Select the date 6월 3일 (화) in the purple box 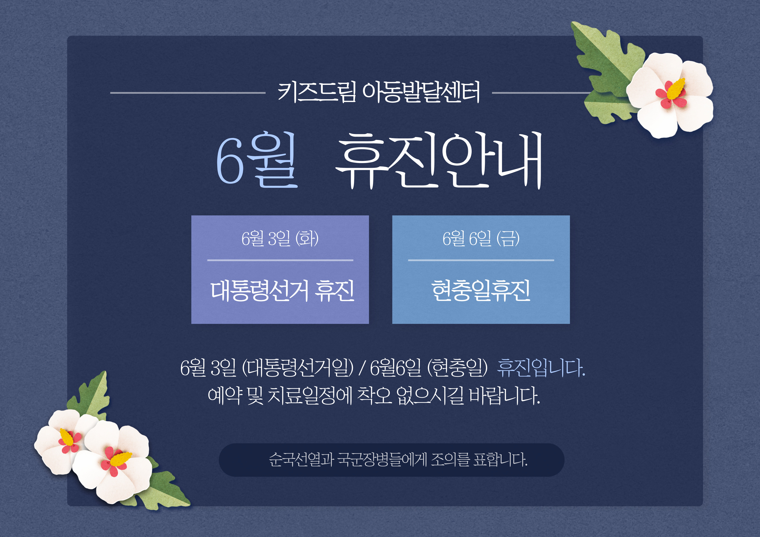pos(280,238)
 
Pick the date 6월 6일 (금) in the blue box pos(481,238)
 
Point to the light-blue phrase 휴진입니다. pos(541,368)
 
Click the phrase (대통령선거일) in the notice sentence pos(298,368)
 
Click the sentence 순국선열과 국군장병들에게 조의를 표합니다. pos(398,459)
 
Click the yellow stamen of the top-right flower pos(675,89)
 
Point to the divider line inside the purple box pos(280,260)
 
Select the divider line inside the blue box pos(481,260)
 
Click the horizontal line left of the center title pos(188,93)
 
